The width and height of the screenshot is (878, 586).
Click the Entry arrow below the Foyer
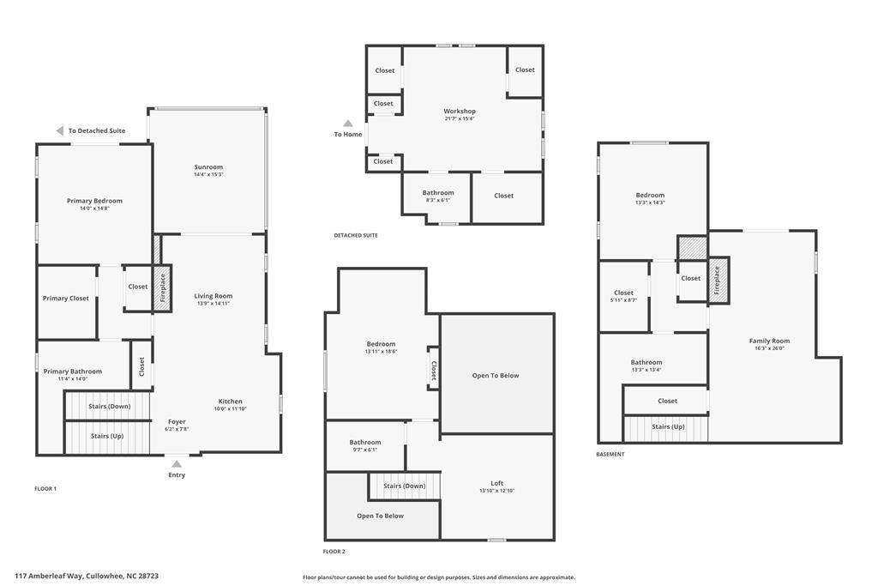point(177,464)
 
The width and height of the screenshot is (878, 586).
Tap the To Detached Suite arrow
point(60,130)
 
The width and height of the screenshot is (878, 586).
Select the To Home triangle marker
point(348,124)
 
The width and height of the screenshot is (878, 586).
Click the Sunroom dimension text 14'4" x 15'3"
point(208,175)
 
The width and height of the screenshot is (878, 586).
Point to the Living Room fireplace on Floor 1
point(161,287)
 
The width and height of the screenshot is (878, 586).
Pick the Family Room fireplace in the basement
point(718,281)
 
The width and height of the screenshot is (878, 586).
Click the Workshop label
point(460,111)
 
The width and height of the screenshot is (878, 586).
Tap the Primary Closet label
point(66,299)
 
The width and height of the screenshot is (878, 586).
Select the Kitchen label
point(230,401)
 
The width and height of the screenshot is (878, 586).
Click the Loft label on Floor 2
point(497,483)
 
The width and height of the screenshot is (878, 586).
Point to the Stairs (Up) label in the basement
point(668,426)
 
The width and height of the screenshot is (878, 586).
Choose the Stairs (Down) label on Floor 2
point(405,486)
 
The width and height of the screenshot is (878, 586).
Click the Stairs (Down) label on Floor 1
point(109,406)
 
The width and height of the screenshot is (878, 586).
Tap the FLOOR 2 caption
point(334,552)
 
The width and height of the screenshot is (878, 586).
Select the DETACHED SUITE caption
point(356,235)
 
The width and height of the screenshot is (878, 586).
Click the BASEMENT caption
point(610,454)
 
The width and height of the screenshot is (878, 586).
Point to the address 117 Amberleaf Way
point(87,576)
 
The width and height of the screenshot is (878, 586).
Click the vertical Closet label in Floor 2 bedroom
point(434,370)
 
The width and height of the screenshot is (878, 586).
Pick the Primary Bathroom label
point(73,372)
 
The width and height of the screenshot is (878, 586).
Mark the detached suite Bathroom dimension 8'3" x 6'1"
point(438,200)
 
